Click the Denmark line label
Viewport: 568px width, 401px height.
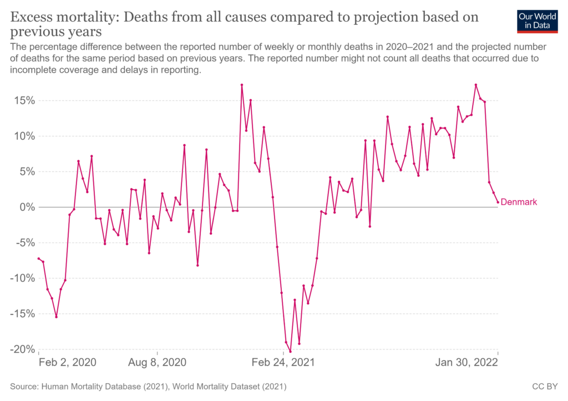pos(519,202)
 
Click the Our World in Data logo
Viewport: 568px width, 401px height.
pos(536,21)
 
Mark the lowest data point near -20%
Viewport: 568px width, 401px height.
pos(290,351)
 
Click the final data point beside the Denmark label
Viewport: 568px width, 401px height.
pos(498,202)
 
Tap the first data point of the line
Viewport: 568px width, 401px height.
pos(38,258)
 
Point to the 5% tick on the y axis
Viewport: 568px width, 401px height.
pos(27,172)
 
